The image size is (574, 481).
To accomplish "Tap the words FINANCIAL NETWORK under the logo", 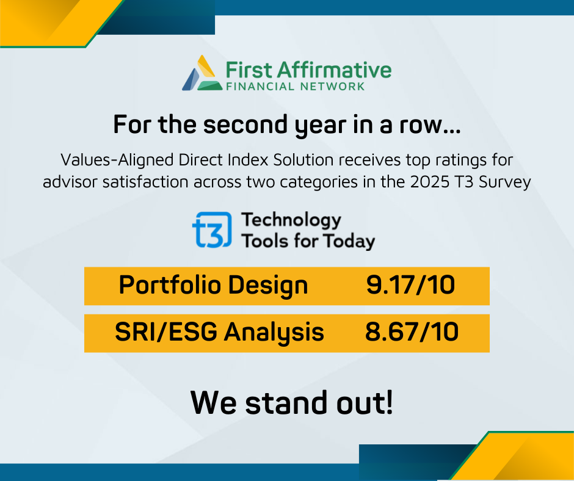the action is coord(296,87).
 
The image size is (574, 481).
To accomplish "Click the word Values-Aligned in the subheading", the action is coord(117,160).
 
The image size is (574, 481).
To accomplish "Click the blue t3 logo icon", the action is coord(212,230).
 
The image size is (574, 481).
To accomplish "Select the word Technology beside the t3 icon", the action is coord(291,220).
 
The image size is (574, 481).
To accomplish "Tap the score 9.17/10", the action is coord(411,285).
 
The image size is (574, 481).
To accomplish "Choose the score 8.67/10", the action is coord(412,332).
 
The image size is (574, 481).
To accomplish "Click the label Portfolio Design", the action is coord(214,286).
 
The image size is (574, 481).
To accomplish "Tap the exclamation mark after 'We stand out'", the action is coord(389,402).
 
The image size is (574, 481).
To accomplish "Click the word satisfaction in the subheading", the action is coord(145,182).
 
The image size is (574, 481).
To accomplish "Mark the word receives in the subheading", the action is coord(369,160).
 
